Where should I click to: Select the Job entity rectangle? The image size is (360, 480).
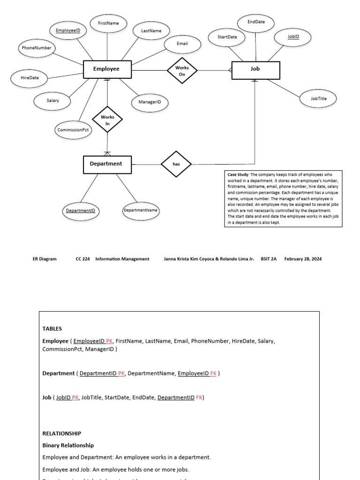tap(255, 69)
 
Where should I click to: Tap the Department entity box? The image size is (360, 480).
tap(107, 164)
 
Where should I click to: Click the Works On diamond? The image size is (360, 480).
tap(182, 70)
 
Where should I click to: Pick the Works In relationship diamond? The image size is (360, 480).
tap(107, 120)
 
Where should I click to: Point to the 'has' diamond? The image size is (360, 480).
tap(176, 164)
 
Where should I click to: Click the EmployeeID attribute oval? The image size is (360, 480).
tap(68, 31)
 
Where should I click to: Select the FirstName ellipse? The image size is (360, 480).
tap(108, 23)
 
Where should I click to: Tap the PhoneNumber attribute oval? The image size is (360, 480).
tap(37, 48)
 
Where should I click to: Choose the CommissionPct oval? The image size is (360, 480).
tap(73, 130)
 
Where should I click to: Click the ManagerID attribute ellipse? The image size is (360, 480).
tap(150, 102)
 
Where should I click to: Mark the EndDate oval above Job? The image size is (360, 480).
tap(255, 23)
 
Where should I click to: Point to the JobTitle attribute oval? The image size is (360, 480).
tap(319, 98)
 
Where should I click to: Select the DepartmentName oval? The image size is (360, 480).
tap(141, 210)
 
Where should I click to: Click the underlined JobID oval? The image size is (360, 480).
tap(293, 37)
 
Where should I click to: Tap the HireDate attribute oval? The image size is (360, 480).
tap(30, 78)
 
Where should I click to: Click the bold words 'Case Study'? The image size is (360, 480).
tap(239, 174)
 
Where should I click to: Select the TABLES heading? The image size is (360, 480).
tap(52, 329)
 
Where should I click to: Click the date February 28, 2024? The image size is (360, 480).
tap(303, 259)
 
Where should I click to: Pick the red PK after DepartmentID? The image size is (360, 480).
tap(121, 374)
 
